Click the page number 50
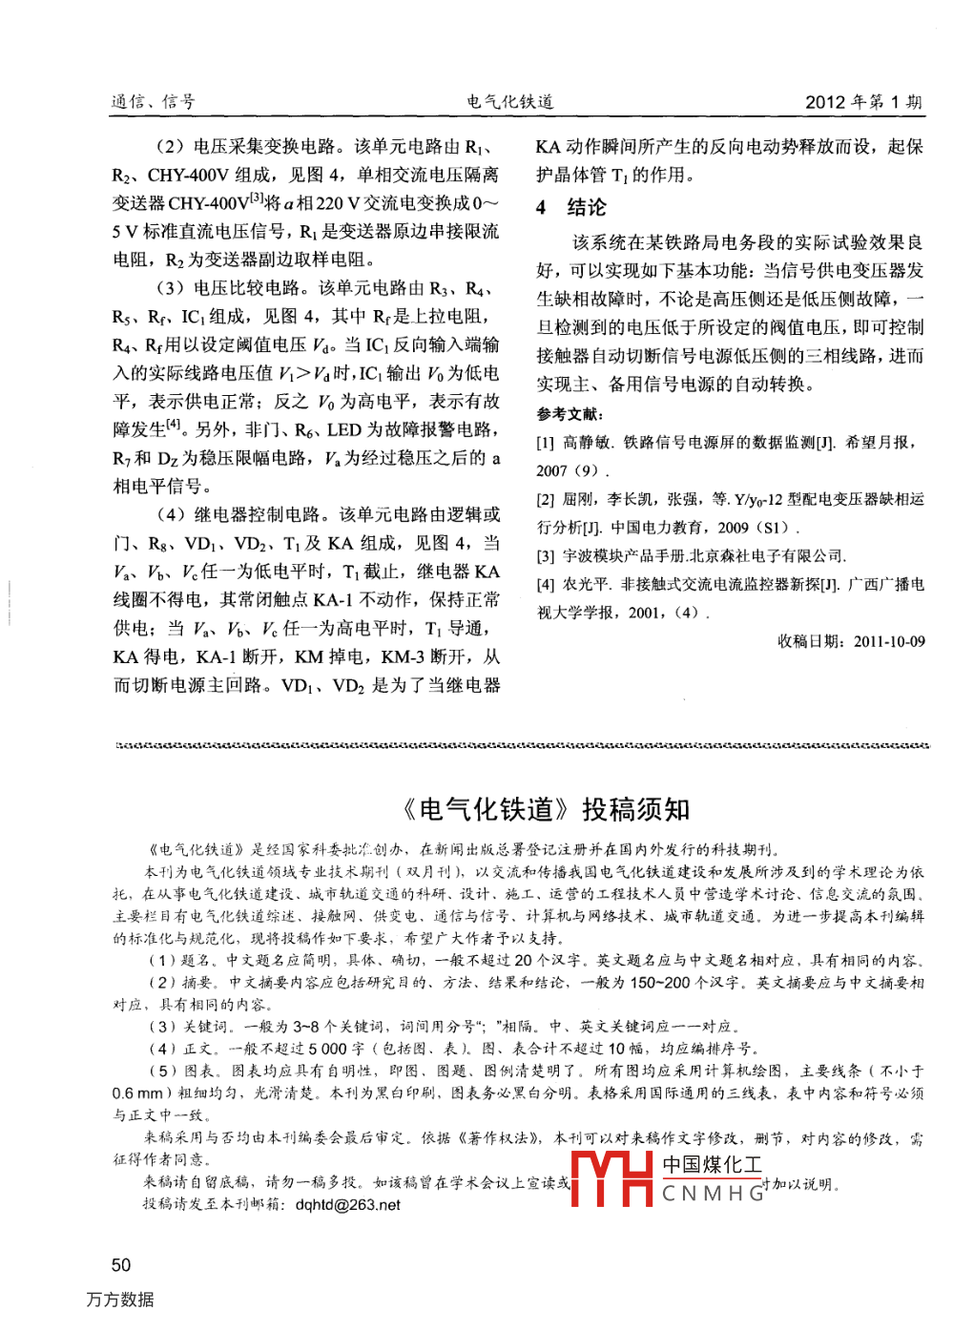click(121, 1265)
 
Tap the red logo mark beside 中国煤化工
click(611, 1179)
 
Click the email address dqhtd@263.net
click(347, 1205)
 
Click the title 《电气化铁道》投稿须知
click(544, 810)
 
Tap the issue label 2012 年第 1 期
click(863, 102)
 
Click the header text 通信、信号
click(154, 102)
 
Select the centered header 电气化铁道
click(510, 102)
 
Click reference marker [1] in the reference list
click(546, 443)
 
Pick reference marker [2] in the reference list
click(546, 499)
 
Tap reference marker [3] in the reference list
click(546, 555)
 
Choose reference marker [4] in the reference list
click(546, 584)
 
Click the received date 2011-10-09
click(889, 641)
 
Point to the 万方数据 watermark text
click(120, 1300)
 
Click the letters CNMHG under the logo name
click(713, 1193)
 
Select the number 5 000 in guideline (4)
click(329, 1049)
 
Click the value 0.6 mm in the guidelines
click(137, 1093)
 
